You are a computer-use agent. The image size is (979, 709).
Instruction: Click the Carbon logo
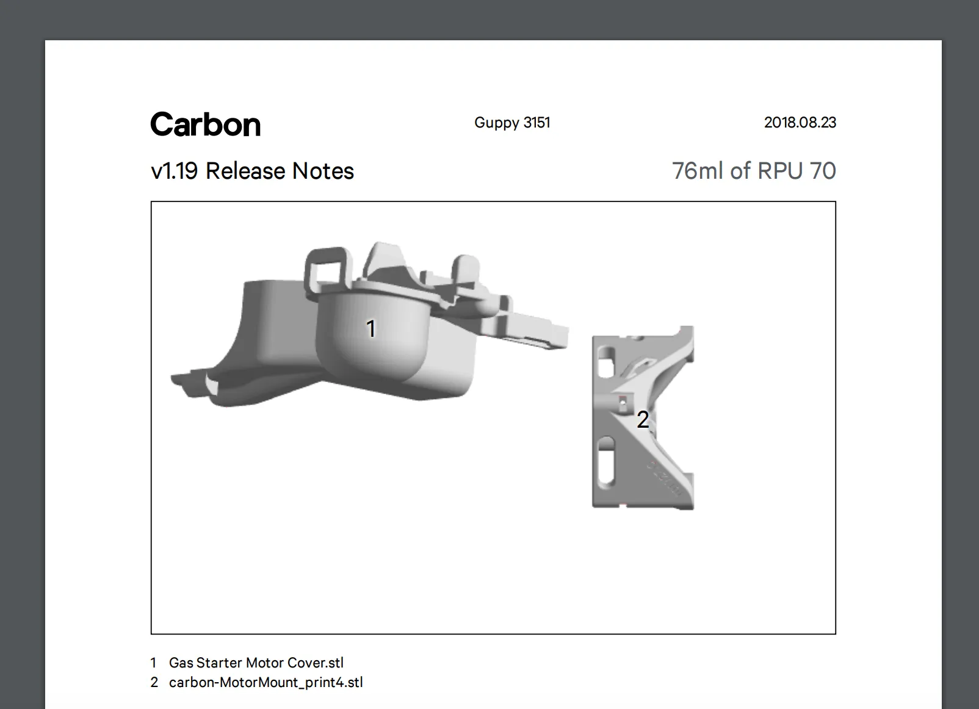coord(206,124)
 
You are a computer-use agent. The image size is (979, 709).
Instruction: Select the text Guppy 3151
coord(512,123)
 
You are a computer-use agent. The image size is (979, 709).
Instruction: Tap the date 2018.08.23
coord(800,122)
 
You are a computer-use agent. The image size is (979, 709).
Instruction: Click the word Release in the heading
coord(245,171)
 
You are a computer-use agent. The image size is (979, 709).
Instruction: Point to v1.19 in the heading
coord(175,171)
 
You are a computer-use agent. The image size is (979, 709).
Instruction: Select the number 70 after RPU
coord(823,171)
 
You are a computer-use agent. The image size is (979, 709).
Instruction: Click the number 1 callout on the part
coord(371,328)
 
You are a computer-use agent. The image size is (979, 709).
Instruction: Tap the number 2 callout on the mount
coord(643,419)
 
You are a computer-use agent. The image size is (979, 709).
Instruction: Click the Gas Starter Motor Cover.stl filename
coord(256,663)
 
